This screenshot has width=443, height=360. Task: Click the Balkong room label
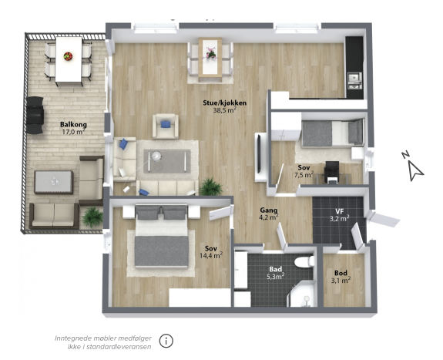coord(73,124)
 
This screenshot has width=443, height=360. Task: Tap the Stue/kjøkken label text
coord(225,103)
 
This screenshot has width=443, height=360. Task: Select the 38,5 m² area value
coord(225,110)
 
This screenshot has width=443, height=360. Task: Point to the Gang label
coord(269,210)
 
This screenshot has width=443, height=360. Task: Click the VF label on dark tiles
coord(339,211)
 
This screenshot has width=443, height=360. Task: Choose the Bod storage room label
coord(341,273)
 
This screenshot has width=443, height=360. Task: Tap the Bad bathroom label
coord(276,269)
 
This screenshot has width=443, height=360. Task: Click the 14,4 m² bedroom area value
coord(211,256)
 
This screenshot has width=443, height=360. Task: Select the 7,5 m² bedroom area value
coord(304,175)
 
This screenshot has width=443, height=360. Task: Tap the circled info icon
coord(166,341)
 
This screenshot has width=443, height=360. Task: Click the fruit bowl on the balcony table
coord(68,56)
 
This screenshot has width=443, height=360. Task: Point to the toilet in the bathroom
coord(304,261)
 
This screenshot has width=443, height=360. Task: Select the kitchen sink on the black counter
coord(354,78)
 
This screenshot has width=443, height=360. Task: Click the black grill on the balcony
coord(35,115)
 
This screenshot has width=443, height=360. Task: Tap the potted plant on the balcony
coord(92,217)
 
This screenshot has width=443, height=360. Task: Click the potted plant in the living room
coord(211,187)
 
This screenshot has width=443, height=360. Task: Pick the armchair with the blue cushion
coord(166,126)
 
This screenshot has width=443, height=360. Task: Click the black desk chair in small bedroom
coord(331,172)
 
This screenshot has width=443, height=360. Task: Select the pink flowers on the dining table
coord(211,53)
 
